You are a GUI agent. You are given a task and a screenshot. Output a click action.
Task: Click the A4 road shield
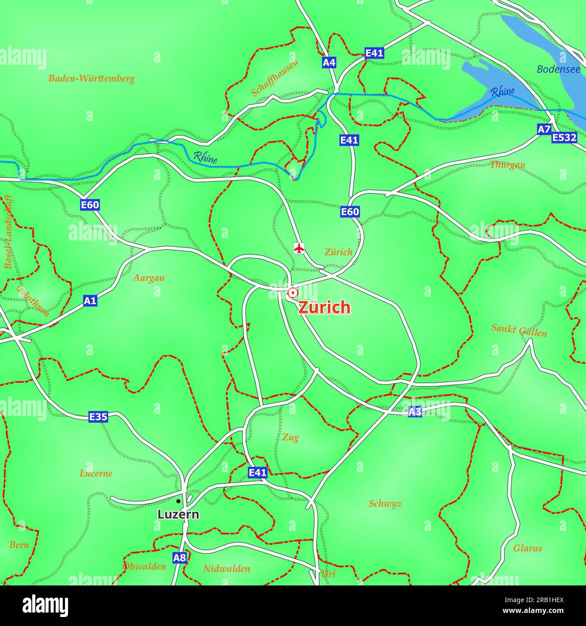(329, 62)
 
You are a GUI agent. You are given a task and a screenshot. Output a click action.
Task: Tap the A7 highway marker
(544, 129)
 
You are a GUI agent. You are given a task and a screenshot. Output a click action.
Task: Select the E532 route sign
(564, 137)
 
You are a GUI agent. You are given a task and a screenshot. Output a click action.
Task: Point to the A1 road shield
(90, 300)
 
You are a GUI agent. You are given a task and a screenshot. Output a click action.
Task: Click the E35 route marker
(98, 417)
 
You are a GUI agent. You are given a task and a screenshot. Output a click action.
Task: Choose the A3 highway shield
(415, 411)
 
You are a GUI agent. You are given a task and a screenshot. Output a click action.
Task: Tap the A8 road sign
(179, 558)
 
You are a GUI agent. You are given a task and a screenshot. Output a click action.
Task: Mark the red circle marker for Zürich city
(293, 293)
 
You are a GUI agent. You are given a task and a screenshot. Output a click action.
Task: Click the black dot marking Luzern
(179, 501)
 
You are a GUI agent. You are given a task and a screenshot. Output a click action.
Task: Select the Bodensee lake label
(558, 69)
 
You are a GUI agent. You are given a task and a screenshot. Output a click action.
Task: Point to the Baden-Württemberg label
(92, 79)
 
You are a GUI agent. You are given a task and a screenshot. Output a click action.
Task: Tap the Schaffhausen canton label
(275, 77)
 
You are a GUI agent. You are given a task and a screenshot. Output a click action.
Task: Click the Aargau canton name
(149, 278)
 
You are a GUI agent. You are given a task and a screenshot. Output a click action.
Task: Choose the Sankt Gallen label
(519, 330)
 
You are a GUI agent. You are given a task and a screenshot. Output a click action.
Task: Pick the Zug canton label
(290, 437)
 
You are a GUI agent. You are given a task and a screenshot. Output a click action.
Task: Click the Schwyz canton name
(385, 504)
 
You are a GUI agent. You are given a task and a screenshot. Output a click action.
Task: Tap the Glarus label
(527, 548)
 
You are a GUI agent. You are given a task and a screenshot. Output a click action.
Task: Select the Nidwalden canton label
(226, 569)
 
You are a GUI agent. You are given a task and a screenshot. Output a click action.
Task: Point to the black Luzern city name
(178, 514)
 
